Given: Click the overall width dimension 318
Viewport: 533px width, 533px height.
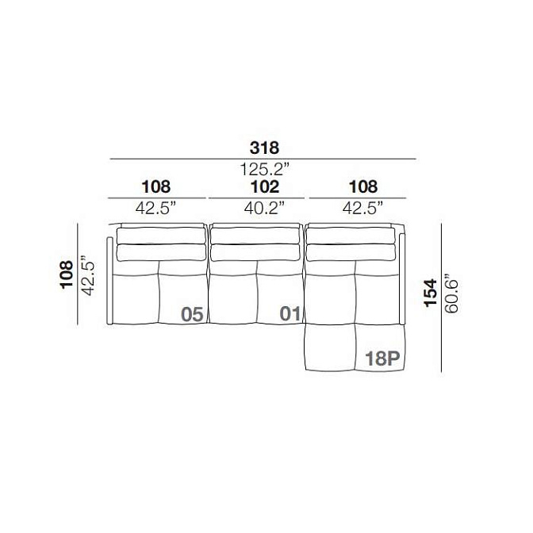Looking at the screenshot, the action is [x=264, y=148].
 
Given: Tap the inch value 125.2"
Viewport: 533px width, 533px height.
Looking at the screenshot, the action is [x=265, y=169].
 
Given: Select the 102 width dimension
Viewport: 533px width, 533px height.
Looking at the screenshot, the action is [x=265, y=186].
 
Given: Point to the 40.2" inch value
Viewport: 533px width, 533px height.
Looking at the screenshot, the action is [x=264, y=208].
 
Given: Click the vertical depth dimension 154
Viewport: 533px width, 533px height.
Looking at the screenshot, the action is [x=431, y=293].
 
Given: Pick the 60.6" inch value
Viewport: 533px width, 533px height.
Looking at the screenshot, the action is [x=451, y=293].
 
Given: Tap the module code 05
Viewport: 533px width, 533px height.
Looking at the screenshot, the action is [x=192, y=314].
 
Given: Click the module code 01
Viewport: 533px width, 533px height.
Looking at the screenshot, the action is [x=290, y=313].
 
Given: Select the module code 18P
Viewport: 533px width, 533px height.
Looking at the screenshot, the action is [x=382, y=359].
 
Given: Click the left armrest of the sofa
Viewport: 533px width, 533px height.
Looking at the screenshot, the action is [x=109, y=281].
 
